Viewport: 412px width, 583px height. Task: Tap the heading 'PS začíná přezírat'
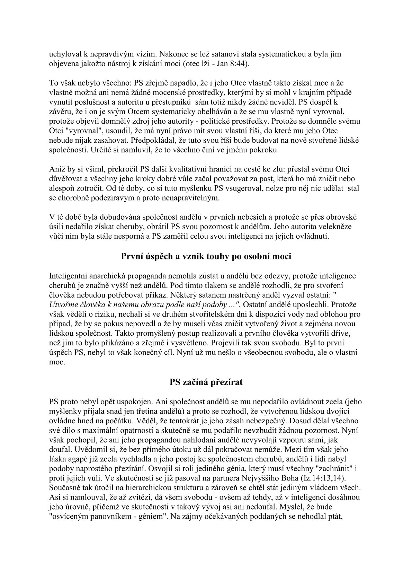click(x=206, y=382)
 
